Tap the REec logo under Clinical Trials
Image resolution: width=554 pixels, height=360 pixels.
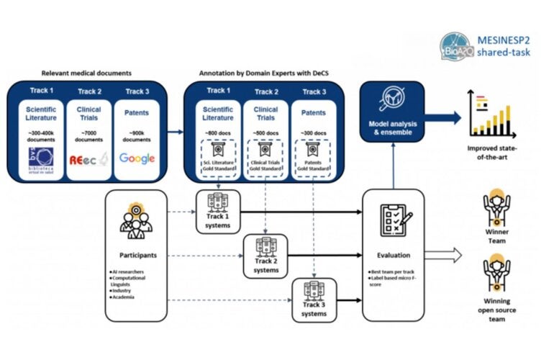(x=88, y=159)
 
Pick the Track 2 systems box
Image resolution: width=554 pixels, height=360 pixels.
(x=265, y=255)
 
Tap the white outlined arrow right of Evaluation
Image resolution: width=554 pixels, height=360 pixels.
(x=445, y=253)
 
